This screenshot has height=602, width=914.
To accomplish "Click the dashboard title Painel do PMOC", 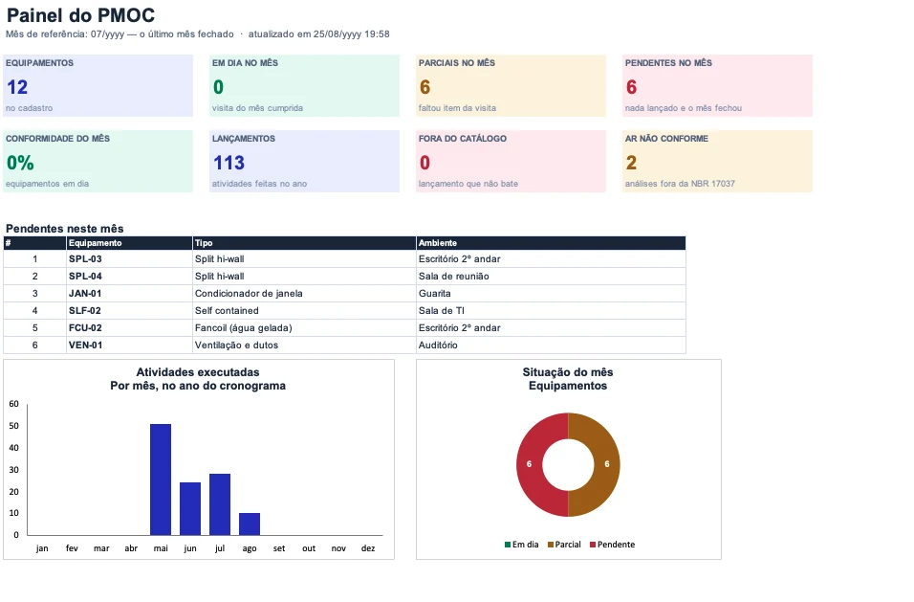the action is coord(80,15).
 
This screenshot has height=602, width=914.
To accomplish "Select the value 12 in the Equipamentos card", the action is coord(17,87).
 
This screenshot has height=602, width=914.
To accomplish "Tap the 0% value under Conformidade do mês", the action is coord(20,163).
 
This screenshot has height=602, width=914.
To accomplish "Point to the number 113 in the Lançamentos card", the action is coord(228,163).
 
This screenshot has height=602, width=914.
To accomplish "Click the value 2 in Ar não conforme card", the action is coord(631,163).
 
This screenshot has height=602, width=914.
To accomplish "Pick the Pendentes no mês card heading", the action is coord(668,63).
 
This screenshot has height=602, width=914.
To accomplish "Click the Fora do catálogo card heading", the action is coord(462,139).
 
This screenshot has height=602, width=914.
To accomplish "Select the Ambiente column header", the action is coord(438,243).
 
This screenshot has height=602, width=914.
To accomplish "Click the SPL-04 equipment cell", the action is coord(85,277).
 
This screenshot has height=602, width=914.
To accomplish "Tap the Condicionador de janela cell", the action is coord(249,294).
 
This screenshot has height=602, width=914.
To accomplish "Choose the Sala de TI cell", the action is coord(442,311).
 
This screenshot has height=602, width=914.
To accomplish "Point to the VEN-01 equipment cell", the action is coord(86,346).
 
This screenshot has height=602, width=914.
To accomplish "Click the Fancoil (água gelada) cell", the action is coord(244,328).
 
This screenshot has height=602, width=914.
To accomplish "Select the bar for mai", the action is coord(161,479).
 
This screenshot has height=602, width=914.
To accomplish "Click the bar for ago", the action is coord(250,524).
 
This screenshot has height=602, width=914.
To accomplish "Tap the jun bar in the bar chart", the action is coord(190,508).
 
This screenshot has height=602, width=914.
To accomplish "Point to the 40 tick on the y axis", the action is coord(14,448).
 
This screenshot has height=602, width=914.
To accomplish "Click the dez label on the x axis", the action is coord(368,548).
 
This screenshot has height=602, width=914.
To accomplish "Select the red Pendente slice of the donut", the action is coord(530,465).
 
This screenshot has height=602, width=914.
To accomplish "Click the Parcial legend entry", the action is coord(564,545).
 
